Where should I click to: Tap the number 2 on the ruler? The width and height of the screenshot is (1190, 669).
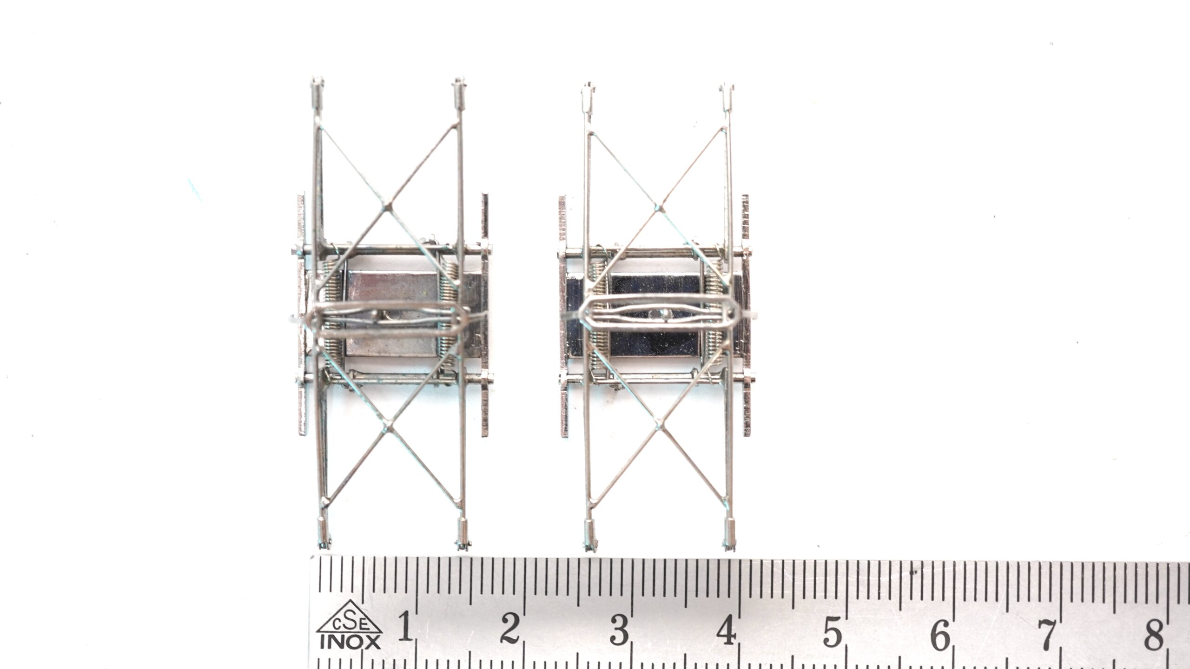point(510,627)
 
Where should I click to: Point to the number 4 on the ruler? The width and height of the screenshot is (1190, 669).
point(726,630)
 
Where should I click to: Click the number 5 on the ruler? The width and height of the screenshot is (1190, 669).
point(833,631)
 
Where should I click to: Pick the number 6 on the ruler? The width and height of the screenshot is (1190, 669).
point(940,633)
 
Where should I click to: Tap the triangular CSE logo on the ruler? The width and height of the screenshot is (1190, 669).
point(350,617)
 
